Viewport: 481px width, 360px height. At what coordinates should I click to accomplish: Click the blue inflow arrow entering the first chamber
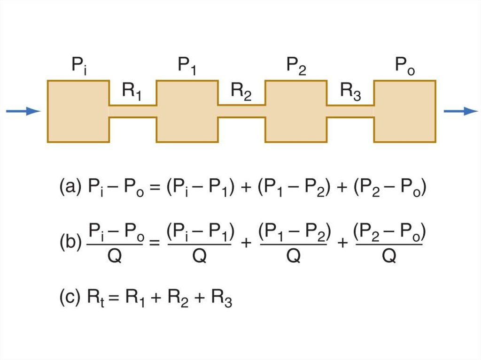(23, 111)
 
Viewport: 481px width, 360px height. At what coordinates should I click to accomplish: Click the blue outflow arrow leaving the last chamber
(461, 111)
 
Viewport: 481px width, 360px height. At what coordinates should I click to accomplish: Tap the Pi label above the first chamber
(79, 66)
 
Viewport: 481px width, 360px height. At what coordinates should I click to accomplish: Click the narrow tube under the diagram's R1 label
(132, 111)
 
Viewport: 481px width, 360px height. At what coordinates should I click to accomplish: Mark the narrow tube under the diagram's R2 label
(241, 111)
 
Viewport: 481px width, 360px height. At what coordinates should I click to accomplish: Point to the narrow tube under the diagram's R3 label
(350, 111)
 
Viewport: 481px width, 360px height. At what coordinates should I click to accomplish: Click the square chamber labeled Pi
(78, 111)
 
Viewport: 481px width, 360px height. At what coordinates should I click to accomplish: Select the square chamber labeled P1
(187, 111)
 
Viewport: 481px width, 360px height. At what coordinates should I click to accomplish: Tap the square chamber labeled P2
(296, 111)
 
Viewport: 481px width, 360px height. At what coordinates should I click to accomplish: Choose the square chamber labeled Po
(405, 111)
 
